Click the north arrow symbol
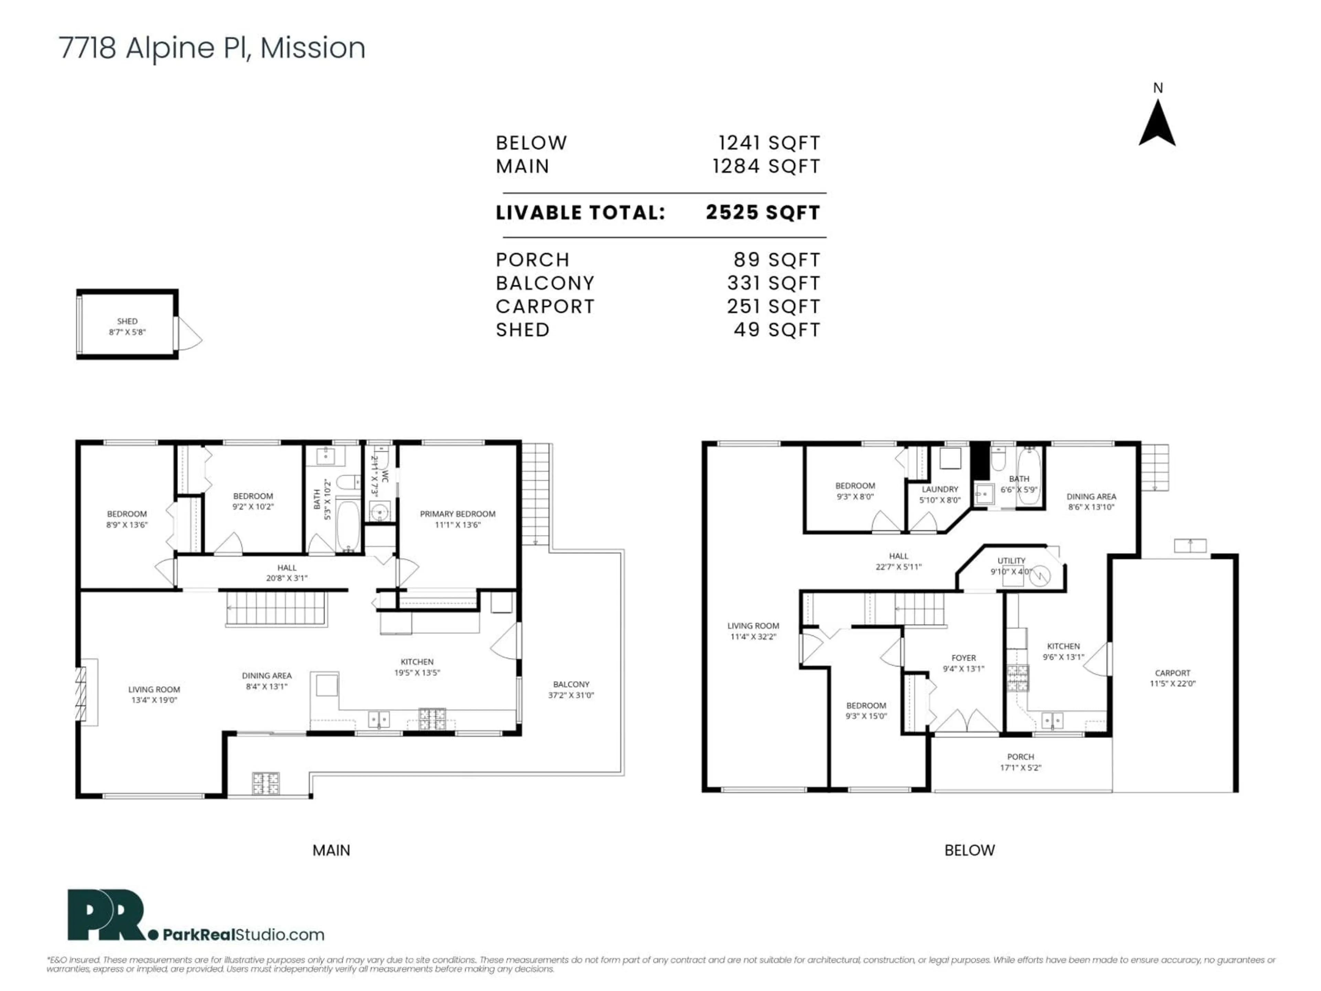pyautogui.click(x=1157, y=124)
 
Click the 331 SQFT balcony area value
pyautogui.click(x=773, y=283)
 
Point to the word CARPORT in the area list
pyautogui.click(x=545, y=307)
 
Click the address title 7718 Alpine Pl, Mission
pyautogui.click(x=212, y=48)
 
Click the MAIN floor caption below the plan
pyautogui.click(x=331, y=850)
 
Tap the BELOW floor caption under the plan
pyautogui.click(x=969, y=850)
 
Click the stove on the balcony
pyautogui.click(x=265, y=783)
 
